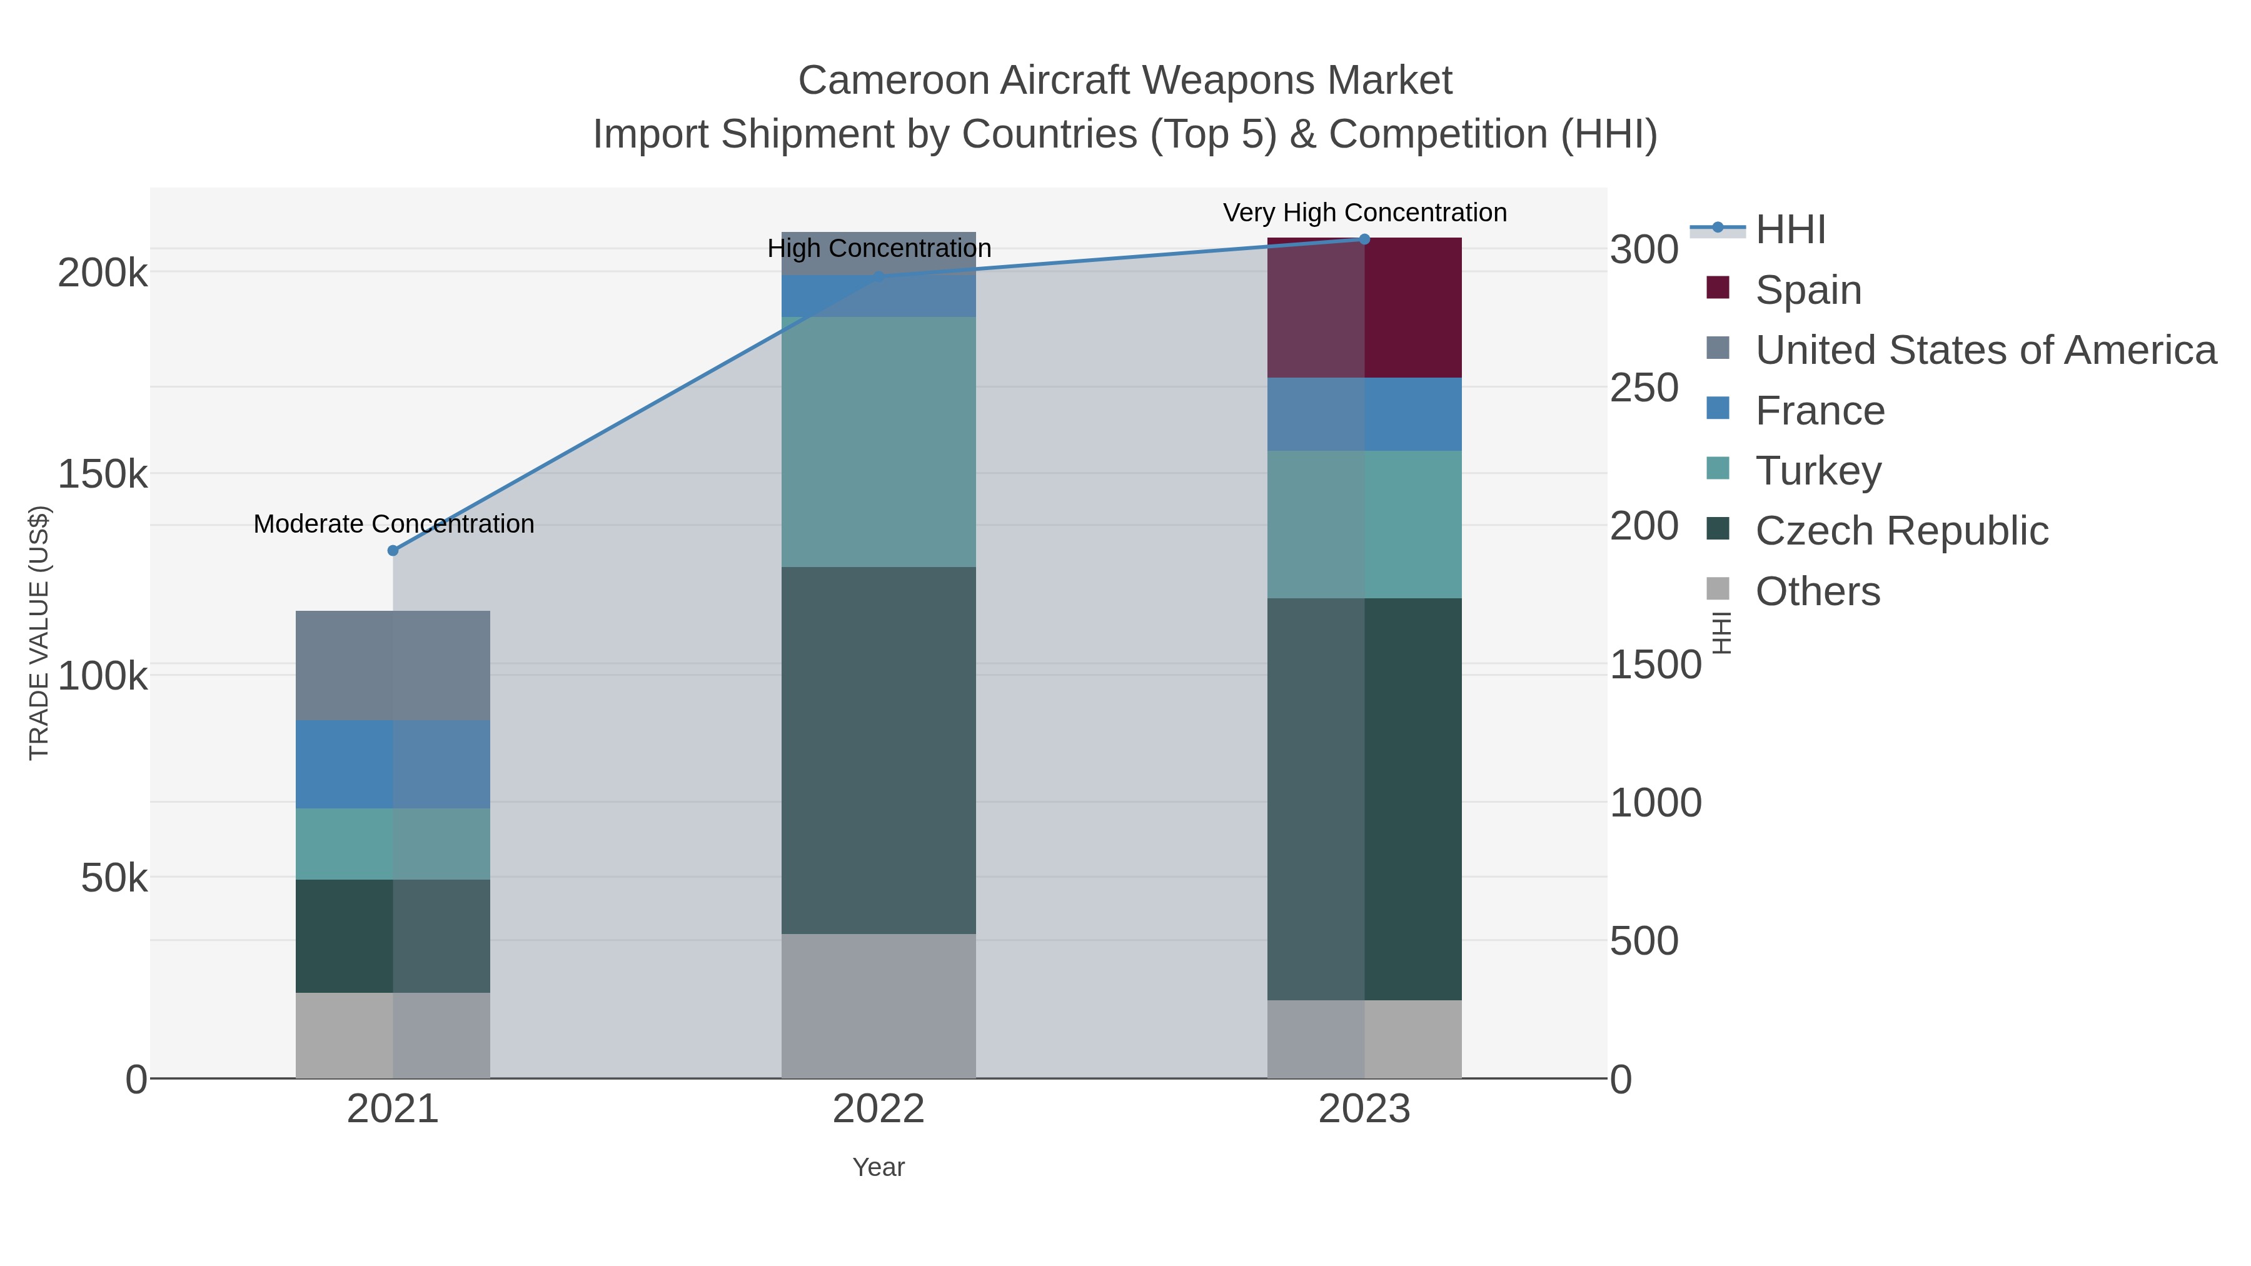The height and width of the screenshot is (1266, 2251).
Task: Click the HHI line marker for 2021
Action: click(392, 550)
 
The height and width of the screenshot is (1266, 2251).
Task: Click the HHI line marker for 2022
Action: click(879, 277)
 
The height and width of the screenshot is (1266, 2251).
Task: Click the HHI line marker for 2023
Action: click(1364, 239)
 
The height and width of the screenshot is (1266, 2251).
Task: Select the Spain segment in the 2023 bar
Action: click(1364, 308)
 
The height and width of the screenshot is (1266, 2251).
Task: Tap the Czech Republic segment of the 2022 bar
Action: click(879, 750)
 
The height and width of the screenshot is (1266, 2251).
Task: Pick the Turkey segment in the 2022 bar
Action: click(879, 441)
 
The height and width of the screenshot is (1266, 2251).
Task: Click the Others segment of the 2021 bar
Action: click(392, 1035)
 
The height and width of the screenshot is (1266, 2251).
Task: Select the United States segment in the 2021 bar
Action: click(392, 665)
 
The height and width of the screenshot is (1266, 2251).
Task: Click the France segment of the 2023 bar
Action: click(1364, 414)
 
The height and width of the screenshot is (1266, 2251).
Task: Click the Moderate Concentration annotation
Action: click(394, 525)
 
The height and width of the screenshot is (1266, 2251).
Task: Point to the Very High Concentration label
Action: click(1364, 213)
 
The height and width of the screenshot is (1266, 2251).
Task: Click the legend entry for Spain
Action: click(1808, 290)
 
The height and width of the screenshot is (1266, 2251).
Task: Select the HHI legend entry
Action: click(1790, 230)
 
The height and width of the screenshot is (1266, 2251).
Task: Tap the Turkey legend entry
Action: click(1818, 471)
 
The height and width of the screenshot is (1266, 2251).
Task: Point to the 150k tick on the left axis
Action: click(103, 475)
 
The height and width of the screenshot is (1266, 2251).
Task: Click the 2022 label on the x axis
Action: click(879, 1110)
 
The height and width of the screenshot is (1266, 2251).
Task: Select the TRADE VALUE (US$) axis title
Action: click(39, 633)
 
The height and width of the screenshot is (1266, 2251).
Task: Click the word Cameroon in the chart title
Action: click(892, 81)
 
